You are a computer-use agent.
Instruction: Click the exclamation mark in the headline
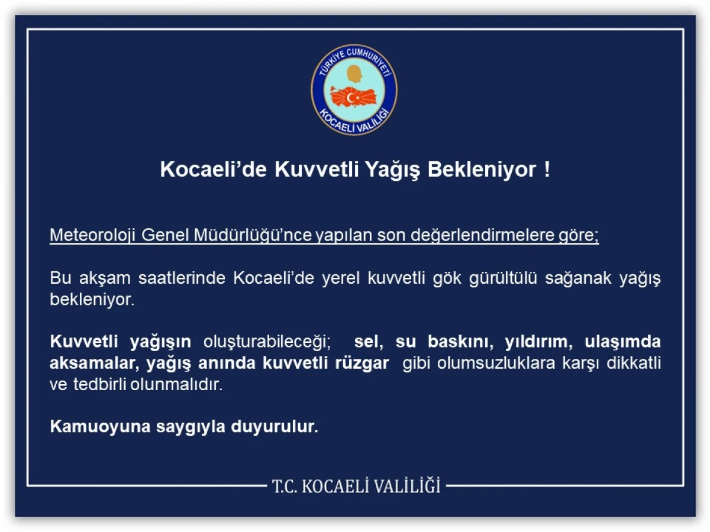point(547,170)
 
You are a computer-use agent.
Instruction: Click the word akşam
point(99,278)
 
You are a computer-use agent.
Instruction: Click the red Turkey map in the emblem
point(354,96)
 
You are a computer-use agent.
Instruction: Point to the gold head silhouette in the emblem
point(354,75)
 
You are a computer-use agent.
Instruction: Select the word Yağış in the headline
point(393,170)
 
